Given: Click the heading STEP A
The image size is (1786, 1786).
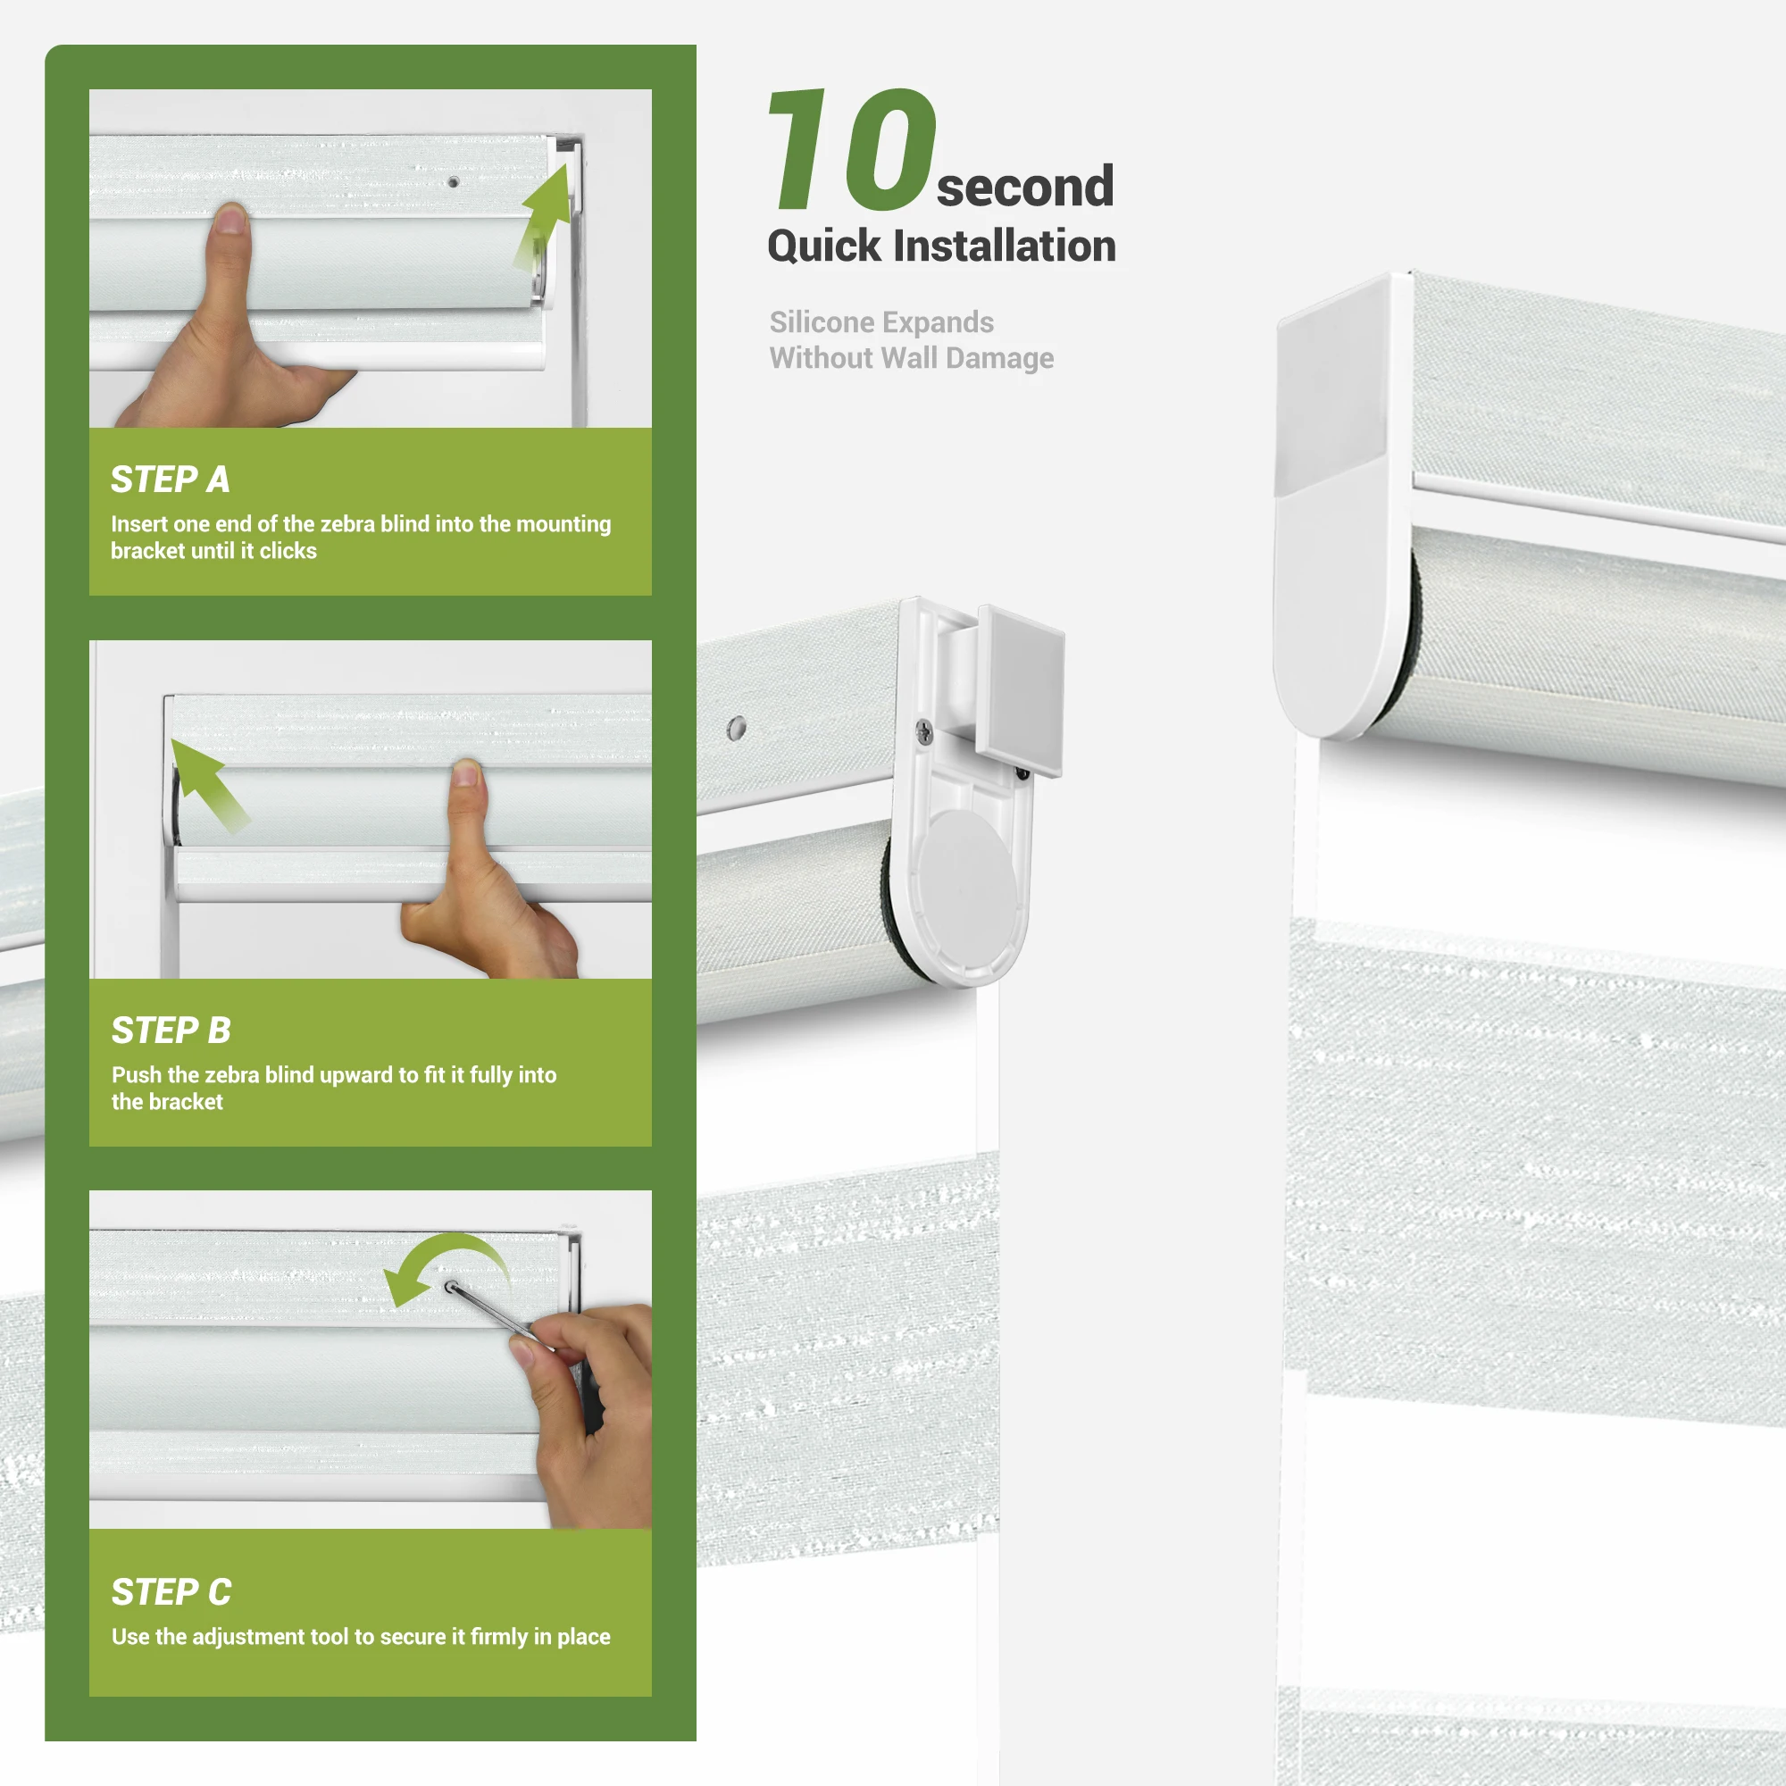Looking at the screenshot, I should [x=170, y=480].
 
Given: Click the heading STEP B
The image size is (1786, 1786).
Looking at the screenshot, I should [x=171, y=1031].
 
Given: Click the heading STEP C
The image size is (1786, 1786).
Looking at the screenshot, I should [x=171, y=1592].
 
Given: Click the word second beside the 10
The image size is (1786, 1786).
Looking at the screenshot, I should [x=1024, y=187].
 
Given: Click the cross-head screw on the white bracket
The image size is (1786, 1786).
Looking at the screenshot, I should [x=923, y=732].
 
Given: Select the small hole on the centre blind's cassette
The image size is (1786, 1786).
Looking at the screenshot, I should [x=736, y=729].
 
